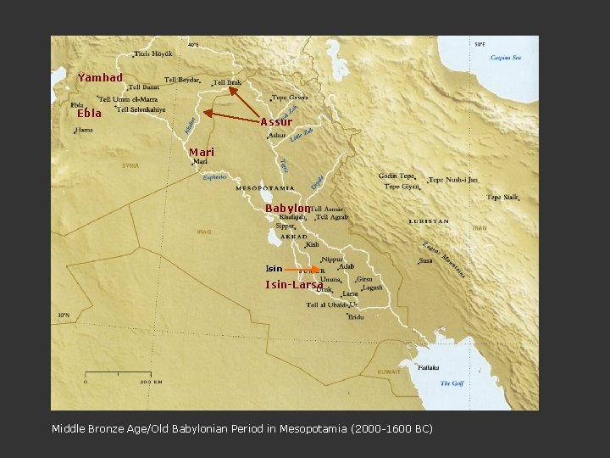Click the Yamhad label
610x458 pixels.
coord(100,78)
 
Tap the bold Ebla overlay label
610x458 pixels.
coord(89,114)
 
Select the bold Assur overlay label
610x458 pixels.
coord(276,122)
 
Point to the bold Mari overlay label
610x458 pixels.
coord(202,153)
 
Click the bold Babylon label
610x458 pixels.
coord(287,208)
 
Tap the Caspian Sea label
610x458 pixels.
coord(506,59)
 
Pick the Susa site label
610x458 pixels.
coord(425,261)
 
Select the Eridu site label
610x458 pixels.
coord(355,317)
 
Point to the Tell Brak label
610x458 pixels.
coord(226,83)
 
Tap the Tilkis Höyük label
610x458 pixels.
coord(153,53)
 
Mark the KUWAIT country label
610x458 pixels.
coord(389,371)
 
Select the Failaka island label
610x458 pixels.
coord(428,368)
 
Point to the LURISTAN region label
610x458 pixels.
coord(428,221)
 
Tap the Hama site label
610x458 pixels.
coord(84,131)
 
